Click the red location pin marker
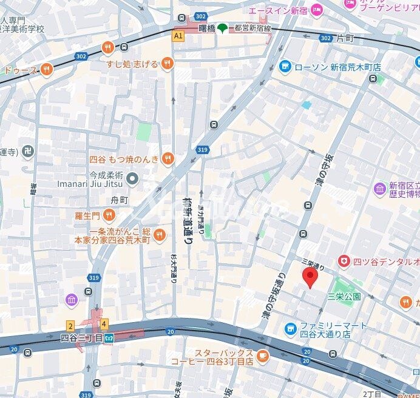(x=310, y=278)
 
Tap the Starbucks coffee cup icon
(x=262, y=356)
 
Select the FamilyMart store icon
(x=290, y=329)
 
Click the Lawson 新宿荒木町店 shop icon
(x=285, y=67)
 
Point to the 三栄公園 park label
(x=344, y=297)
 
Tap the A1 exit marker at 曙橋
(x=178, y=36)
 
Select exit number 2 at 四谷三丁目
(x=70, y=326)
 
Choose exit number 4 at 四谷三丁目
(x=104, y=324)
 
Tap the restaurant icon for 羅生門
(x=108, y=214)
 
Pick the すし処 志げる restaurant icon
(x=168, y=64)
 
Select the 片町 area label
(x=345, y=38)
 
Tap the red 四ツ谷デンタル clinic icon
(x=344, y=261)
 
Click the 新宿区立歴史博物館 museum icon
(x=380, y=189)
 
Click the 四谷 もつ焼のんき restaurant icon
(x=168, y=159)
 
